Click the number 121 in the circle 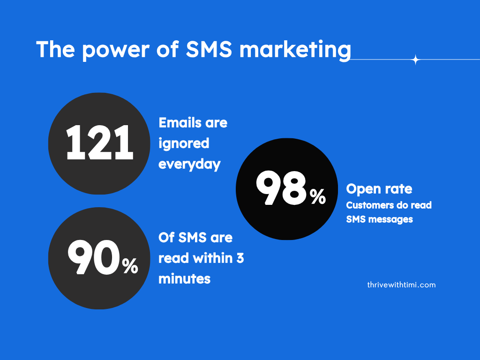click(x=99, y=142)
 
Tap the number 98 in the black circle click(x=281, y=188)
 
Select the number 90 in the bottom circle click(x=94, y=257)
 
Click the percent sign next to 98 click(x=317, y=196)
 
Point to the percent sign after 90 click(x=130, y=266)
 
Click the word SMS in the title click(x=209, y=49)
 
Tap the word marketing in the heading click(x=295, y=50)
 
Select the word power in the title click(x=116, y=51)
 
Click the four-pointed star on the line click(x=415, y=60)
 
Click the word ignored click(x=184, y=144)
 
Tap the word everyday click(x=189, y=165)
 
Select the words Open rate click(x=379, y=189)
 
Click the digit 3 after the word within click(x=240, y=258)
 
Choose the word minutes click(x=185, y=279)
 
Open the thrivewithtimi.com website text click(x=401, y=285)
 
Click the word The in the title click(x=55, y=49)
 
